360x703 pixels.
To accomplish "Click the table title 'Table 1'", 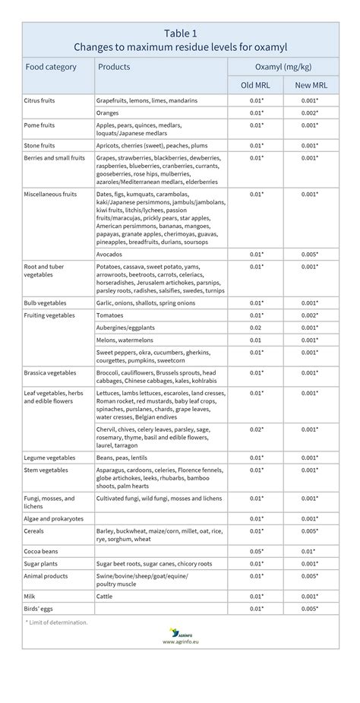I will point(180,33).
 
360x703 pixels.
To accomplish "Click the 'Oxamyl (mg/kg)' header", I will point(283,67).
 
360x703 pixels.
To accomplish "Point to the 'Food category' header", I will point(51,67).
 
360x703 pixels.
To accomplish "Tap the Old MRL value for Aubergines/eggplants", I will point(256,328).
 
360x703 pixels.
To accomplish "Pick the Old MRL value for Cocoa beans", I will point(256,550).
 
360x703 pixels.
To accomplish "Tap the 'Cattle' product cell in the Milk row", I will point(106,597).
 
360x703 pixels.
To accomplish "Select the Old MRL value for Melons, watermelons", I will point(256,340).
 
